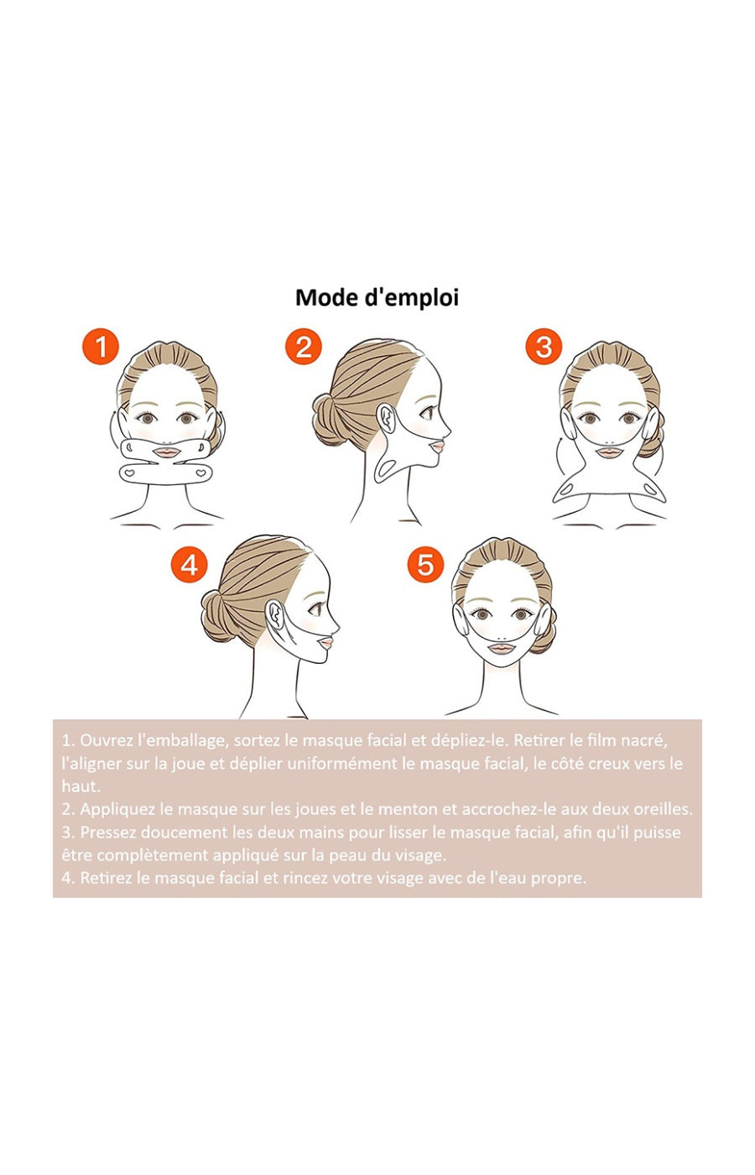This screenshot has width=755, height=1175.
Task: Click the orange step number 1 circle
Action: click(x=101, y=347)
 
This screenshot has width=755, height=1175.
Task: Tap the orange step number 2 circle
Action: click(x=303, y=347)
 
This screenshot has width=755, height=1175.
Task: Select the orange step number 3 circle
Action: click(x=543, y=347)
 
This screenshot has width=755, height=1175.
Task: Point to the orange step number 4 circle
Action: click(x=189, y=564)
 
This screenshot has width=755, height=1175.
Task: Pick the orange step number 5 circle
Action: click(x=425, y=564)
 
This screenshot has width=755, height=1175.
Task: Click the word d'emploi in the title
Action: click(x=412, y=298)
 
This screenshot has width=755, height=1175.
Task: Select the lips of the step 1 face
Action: click(x=169, y=452)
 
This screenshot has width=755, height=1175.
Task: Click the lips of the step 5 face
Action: click(x=500, y=648)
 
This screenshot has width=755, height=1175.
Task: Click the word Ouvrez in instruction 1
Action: click(x=107, y=741)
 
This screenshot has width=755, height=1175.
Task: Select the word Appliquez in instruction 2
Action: click(x=116, y=810)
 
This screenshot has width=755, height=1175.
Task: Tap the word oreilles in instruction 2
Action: click(x=665, y=810)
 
